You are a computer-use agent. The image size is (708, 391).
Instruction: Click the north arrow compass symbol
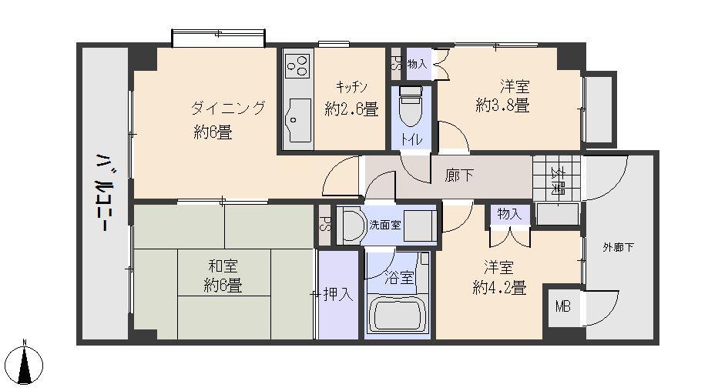[25, 363]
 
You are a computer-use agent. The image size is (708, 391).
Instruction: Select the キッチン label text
[351, 86]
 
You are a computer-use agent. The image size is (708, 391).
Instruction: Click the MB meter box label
[563, 306]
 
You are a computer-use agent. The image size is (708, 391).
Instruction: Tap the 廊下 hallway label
[459, 175]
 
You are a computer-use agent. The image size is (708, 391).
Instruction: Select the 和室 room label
[223, 266]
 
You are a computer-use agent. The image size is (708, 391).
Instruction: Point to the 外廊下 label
[618, 247]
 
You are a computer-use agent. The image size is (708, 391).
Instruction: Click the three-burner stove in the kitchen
[297, 67]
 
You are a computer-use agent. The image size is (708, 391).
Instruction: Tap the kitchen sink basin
[297, 118]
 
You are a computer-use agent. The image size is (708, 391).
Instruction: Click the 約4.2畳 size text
[498, 288]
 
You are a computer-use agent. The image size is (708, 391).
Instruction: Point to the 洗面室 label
[384, 226]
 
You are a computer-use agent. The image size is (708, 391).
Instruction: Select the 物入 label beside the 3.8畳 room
[417, 65]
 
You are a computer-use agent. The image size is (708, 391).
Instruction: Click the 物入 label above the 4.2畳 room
[508, 214]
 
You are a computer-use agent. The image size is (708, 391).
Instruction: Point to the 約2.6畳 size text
[351, 109]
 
